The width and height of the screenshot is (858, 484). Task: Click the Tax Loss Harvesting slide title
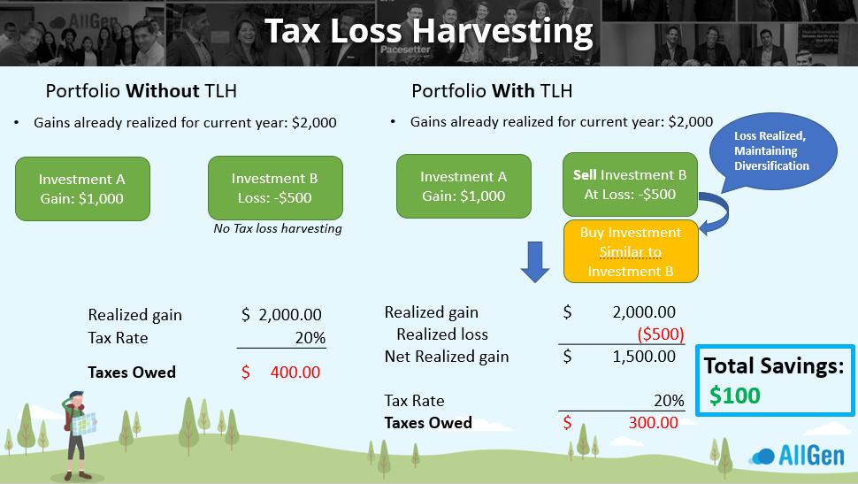(x=429, y=32)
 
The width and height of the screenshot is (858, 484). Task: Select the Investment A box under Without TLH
(x=82, y=188)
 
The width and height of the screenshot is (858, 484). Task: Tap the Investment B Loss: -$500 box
(x=275, y=188)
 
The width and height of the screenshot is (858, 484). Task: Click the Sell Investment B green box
(x=630, y=185)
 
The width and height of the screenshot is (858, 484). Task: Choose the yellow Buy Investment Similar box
(x=631, y=251)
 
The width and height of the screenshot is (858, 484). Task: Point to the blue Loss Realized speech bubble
(x=772, y=151)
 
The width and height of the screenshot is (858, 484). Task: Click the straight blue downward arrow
(x=534, y=262)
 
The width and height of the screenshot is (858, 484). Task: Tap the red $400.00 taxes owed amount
(x=280, y=373)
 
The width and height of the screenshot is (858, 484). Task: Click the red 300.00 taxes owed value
(x=654, y=423)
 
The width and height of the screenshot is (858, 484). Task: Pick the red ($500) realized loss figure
(x=661, y=334)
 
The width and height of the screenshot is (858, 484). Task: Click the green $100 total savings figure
(x=734, y=396)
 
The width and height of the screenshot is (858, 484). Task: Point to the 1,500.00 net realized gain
(x=644, y=357)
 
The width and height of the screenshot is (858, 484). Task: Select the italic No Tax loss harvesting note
(x=278, y=228)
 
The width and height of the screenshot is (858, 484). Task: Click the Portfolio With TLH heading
(x=492, y=91)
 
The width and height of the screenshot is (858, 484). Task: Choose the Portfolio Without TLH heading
(x=142, y=91)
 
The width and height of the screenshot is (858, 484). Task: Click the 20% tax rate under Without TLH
(x=310, y=338)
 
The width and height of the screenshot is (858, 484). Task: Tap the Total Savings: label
(x=774, y=365)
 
